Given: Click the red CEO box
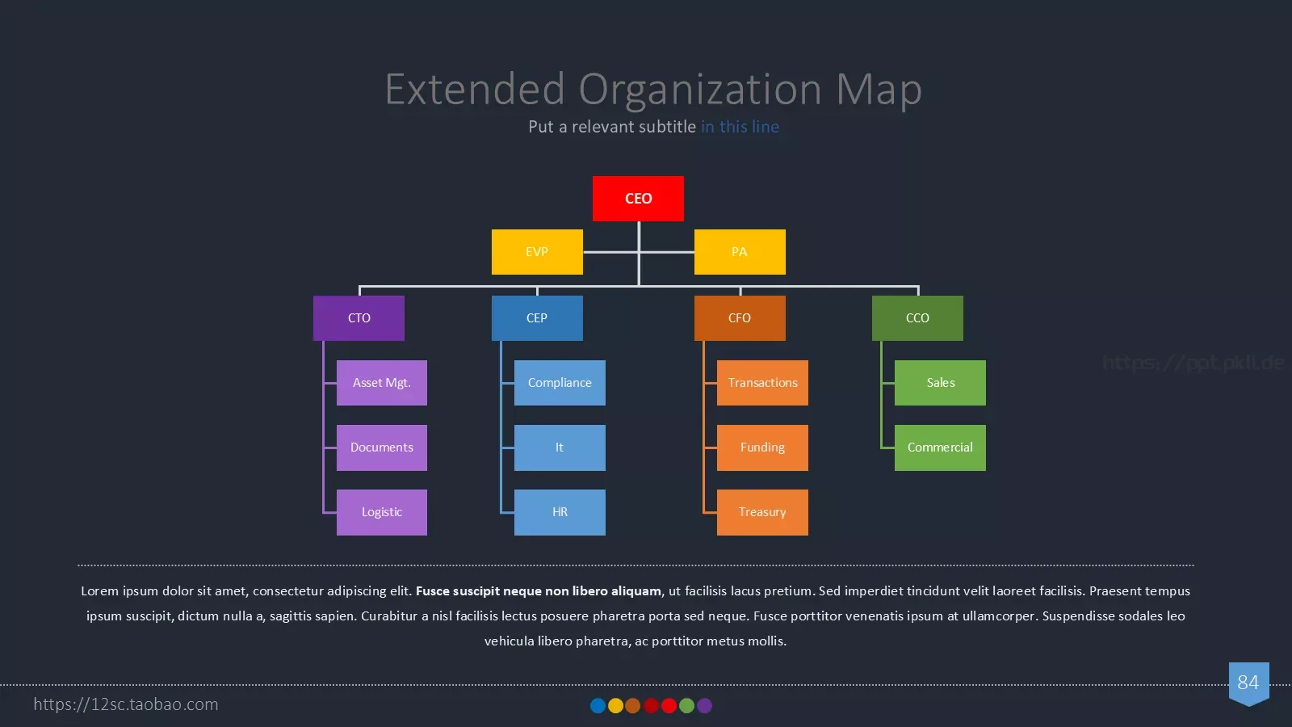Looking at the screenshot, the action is [x=638, y=199].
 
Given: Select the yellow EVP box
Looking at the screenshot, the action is [x=537, y=252].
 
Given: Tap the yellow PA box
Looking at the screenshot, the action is [x=740, y=252].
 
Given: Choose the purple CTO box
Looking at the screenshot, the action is [x=359, y=318].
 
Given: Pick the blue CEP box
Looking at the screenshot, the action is [x=537, y=318].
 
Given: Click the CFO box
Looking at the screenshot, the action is [x=740, y=318].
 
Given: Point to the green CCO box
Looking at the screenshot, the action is [x=917, y=318].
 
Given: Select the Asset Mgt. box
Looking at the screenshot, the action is [x=382, y=383].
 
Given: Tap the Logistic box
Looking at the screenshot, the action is [x=382, y=512].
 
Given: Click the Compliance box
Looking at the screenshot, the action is [x=560, y=383].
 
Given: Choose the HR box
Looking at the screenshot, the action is [x=560, y=512].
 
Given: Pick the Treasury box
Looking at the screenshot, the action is [x=762, y=512].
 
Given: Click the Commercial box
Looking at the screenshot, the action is [x=940, y=448].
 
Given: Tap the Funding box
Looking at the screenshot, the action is [x=762, y=448].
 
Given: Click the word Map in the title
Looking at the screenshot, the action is [x=879, y=90].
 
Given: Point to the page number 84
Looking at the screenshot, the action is [x=1248, y=683].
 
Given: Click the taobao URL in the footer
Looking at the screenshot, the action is [x=126, y=704].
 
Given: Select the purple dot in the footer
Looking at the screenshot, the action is [x=704, y=706].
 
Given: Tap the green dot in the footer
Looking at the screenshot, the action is [x=686, y=706].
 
